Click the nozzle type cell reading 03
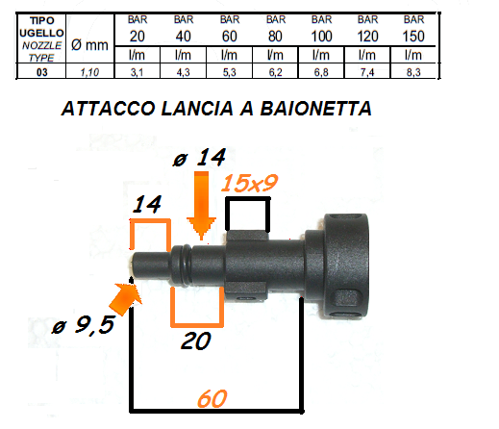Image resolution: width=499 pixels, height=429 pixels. click(42, 72)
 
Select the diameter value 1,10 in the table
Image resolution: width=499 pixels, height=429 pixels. click(89, 72)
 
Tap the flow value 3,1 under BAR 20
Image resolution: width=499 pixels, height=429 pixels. click(137, 72)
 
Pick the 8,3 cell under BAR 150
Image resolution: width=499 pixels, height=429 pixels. click(413, 72)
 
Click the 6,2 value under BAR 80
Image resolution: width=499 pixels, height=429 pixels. click(275, 72)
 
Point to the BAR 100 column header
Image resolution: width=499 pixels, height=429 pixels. click(321, 29)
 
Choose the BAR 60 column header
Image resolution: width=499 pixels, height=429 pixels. click(230, 29)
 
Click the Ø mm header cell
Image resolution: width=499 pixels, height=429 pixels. click(89, 45)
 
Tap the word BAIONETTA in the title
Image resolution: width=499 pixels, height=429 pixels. click(316, 109)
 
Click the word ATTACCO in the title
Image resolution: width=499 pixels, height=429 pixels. click(109, 109)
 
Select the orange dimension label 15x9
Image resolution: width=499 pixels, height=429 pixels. click(249, 183)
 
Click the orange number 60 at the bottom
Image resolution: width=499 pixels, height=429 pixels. click(212, 398)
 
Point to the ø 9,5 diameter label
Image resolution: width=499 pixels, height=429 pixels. click(84, 325)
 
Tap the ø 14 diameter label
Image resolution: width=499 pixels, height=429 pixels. click(199, 158)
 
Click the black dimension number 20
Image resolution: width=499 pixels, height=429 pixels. click(196, 341)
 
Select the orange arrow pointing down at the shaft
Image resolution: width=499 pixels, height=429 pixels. click(201, 205)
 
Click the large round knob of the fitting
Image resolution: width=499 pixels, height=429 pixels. click(345, 265)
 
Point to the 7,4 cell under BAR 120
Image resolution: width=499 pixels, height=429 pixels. click(367, 72)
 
